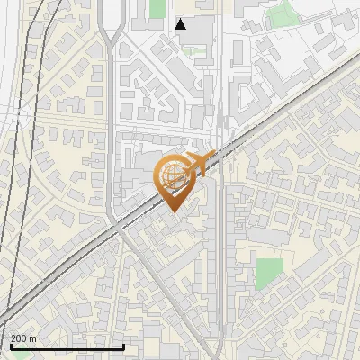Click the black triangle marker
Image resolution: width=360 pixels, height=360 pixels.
point(181,24)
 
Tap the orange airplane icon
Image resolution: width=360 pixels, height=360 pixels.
point(202,163)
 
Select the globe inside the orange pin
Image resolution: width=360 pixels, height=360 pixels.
point(172,178)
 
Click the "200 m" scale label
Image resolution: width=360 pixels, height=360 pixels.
point(23,338)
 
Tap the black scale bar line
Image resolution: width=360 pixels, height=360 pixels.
point(67,346)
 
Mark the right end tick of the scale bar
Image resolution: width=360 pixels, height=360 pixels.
point(123,345)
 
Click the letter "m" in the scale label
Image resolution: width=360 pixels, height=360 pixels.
point(32,338)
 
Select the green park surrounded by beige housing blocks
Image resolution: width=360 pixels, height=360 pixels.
point(268,274)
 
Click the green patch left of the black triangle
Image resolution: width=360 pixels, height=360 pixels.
point(158,8)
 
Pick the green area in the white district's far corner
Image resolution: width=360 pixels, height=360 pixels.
point(284,13)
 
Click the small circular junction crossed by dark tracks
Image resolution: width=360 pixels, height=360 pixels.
point(19,112)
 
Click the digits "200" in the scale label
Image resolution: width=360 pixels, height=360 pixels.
point(19,338)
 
